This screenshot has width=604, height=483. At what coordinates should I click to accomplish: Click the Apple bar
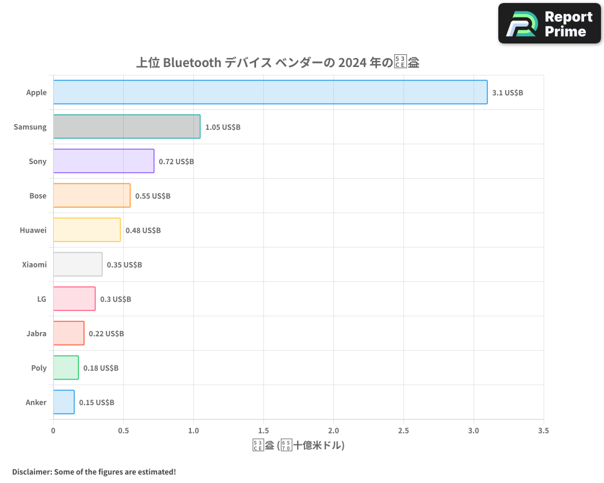[x=270, y=92]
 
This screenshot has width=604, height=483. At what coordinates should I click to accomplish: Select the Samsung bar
[x=127, y=127]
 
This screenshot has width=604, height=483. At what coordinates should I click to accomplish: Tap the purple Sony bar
[x=103, y=161]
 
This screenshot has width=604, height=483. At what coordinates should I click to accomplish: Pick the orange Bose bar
[x=92, y=196]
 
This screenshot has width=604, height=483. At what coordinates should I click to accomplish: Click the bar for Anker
[x=64, y=402]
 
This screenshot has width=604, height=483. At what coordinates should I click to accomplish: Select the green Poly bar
[x=66, y=368]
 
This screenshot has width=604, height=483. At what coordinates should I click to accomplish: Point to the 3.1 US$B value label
[x=507, y=93]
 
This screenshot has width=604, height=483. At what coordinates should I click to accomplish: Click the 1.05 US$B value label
[x=223, y=127]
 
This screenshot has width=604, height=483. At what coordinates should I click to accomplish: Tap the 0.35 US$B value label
[x=124, y=265]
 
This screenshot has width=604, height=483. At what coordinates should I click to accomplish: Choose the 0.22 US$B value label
[x=106, y=334]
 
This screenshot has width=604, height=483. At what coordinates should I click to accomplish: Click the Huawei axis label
[x=33, y=230]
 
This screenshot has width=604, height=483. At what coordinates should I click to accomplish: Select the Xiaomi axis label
[x=34, y=264]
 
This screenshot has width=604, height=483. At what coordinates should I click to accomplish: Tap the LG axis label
[x=42, y=299]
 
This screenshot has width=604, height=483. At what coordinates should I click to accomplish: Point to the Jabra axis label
[x=36, y=333]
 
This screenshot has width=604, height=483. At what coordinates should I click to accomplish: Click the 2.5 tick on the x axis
[x=403, y=431]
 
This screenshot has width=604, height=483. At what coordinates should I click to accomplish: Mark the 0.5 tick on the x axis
[x=123, y=431]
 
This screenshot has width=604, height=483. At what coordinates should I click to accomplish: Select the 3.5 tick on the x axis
[x=544, y=431]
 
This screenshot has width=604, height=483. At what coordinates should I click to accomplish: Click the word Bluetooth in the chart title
[x=192, y=62]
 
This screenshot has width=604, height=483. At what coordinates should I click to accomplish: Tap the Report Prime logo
[x=549, y=24]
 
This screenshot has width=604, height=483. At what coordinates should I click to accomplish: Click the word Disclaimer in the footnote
[x=31, y=472]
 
